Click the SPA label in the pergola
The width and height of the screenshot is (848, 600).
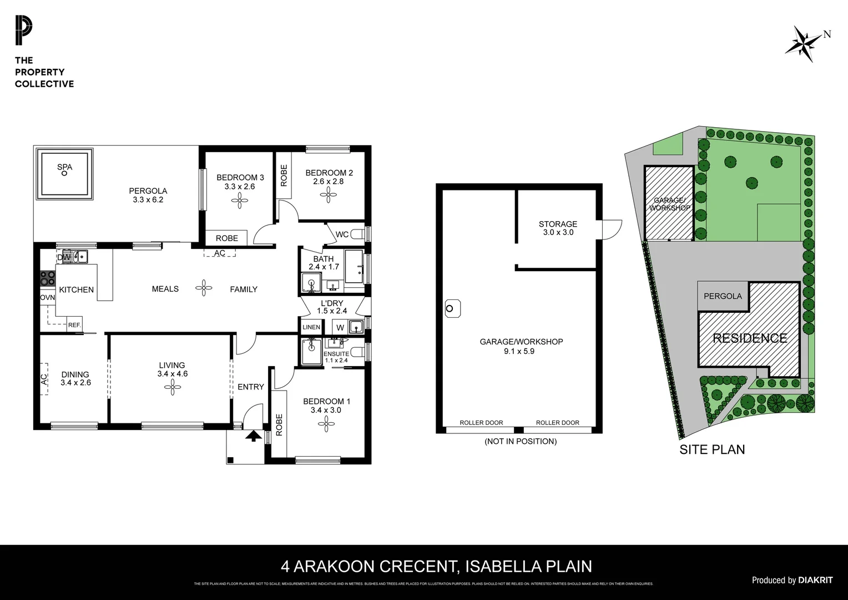tap(64, 167)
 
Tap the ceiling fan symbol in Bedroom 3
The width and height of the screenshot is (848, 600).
tap(240, 200)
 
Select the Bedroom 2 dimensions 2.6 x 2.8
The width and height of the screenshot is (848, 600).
tap(329, 181)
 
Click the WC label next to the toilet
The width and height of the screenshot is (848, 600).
tap(342, 234)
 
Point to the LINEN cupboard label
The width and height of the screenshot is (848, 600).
tap(311, 327)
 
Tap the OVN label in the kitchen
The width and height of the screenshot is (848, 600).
tap(47, 298)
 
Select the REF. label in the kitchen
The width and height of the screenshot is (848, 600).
tap(74, 325)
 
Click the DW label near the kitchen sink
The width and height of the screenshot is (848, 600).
tap(64, 257)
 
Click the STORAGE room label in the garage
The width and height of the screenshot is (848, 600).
tap(558, 224)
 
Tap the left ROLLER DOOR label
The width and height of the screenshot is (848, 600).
tap(481, 423)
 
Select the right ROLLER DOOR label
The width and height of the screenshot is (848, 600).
tap(557, 423)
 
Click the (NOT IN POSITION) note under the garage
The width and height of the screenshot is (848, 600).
tap(520, 441)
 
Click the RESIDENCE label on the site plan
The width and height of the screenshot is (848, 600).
tap(750, 338)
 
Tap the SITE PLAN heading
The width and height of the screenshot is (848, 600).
tap(712, 449)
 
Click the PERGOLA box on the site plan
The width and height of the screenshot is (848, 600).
tap(723, 296)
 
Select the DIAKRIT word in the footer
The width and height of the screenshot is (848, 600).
tap(815, 580)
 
